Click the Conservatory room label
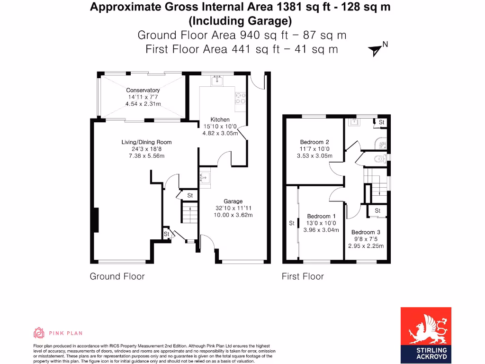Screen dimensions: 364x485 143,90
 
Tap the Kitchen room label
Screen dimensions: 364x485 220,120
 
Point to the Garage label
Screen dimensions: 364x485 233,201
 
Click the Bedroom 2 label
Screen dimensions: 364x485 314,142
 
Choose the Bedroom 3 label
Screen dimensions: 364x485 366,232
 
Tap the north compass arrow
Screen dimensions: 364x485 376,50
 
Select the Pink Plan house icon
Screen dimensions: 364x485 39,332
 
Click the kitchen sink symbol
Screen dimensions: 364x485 217,81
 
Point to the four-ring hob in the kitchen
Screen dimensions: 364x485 240,98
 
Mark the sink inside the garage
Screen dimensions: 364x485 205,178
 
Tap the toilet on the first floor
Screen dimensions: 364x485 380,159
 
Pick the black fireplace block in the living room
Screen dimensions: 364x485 96,220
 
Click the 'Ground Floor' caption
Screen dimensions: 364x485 117,276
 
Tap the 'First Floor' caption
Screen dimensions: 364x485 303,276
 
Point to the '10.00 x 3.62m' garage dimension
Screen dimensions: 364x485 233,215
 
